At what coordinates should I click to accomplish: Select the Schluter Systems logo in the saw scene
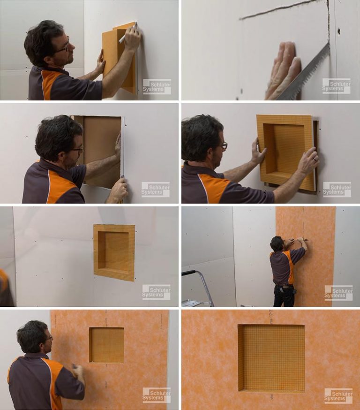click(336, 86)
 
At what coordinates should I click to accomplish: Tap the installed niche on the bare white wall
click(114, 252)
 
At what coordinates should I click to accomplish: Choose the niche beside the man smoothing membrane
click(107, 345)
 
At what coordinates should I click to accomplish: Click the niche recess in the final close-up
click(271, 357)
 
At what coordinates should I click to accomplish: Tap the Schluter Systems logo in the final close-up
click(338, 395)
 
